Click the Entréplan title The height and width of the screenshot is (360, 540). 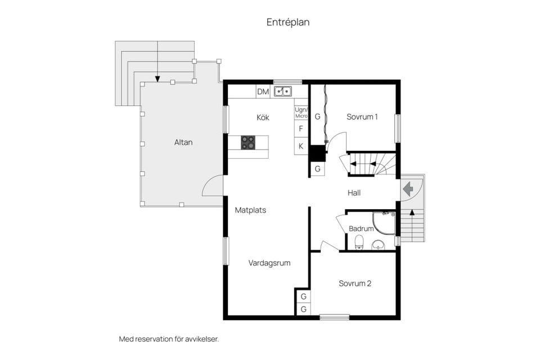pos(288,22)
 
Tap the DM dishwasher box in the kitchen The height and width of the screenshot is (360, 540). pos(263,92)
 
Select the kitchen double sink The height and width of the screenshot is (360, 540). pos(283,91)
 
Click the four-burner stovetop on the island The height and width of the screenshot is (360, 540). pos(248,143)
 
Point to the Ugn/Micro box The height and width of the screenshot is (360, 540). pos(301,113)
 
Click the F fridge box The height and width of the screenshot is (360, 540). pos(301,129)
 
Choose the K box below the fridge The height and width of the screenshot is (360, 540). pos(301,146)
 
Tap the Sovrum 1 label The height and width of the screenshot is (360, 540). pos(362,117)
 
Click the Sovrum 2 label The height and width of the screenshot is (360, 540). pos(355,283)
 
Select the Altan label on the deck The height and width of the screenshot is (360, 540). pos(183,142)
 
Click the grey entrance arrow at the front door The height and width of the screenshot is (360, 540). pos(408,189)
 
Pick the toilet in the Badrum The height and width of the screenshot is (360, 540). pos(359,241)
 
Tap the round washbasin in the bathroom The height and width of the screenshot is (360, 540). pos(378,245)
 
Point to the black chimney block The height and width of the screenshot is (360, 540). pos(317,154)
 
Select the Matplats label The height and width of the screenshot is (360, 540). pos(250,210)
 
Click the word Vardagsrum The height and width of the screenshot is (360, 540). pos(269,263)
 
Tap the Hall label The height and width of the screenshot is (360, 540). pos(354,193)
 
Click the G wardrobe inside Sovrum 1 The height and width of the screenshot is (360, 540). pos(317,116)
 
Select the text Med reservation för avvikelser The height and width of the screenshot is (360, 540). pos(169,339)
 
